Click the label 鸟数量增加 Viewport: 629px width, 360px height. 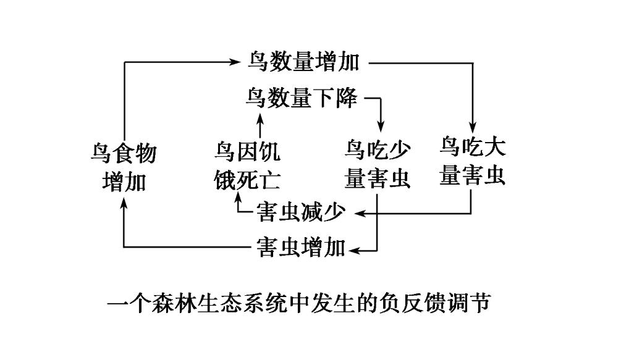pyautogui.click(x=303, y=62)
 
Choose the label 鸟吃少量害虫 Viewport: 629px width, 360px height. pyautogui.click(x=377, y=164)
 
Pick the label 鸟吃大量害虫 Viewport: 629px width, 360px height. pyautogui.click(x=472, y=161)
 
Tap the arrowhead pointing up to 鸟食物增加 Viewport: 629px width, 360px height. pyautogui.click(x=124, y=203)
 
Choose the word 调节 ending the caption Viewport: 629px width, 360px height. pyautogui.click(x=475, y=304)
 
